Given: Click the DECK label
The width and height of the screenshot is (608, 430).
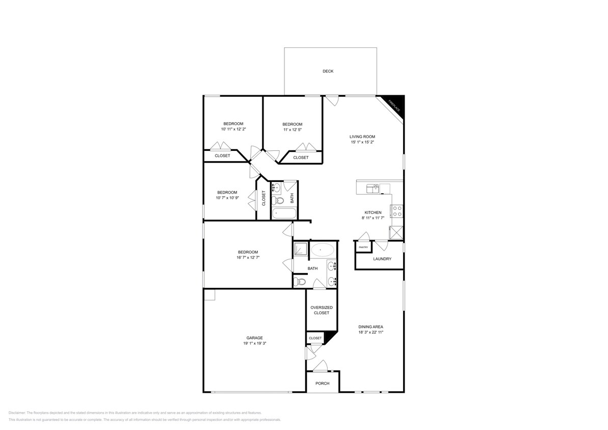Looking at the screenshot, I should [328, 71].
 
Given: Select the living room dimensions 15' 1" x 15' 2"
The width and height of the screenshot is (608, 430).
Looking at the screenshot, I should [362, 142].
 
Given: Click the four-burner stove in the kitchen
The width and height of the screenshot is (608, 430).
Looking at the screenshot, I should [396, 211].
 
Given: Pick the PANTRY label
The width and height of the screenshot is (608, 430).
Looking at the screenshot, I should [363, 247].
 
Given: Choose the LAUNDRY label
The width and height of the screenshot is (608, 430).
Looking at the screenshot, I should [382, 259].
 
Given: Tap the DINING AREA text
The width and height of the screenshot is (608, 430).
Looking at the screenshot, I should [371, 327].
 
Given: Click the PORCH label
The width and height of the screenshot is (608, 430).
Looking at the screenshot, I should [322, 384].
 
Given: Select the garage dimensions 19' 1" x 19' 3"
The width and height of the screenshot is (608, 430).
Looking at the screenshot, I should [255, 343].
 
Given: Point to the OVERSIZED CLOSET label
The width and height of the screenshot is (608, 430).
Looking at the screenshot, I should [322, 310].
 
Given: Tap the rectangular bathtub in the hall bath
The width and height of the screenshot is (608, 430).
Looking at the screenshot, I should [283, 213].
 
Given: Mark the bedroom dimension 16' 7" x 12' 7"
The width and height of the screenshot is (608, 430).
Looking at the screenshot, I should [248, 258].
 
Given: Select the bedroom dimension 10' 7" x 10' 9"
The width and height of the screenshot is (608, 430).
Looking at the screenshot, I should [227, 198].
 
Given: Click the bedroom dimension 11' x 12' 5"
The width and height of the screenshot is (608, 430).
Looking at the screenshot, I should [292, 130].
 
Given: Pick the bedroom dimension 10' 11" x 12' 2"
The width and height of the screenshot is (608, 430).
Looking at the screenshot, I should [233, 129].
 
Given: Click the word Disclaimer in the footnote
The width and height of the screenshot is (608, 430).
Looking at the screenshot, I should [17, 413].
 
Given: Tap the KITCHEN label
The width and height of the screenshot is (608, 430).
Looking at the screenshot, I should [372, 212].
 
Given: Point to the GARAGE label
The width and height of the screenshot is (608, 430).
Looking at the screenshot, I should [255, 338].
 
